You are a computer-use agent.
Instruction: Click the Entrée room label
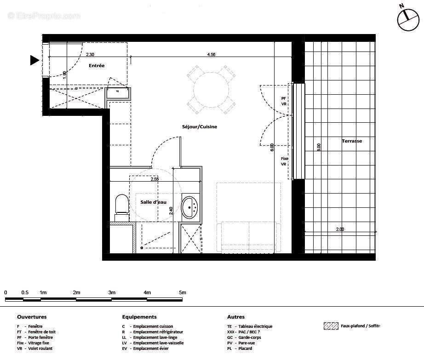[x=97, y=66]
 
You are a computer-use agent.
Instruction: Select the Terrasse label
[x=352, y=141]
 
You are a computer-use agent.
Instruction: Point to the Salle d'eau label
[x=153, y=202]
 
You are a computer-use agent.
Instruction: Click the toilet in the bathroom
[x=121, y=205]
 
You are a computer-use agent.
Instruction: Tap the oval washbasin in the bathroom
[x=189, y=207]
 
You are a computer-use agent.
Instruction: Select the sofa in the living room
[x=251, y=236]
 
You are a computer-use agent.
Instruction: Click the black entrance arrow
[x=34, y=60]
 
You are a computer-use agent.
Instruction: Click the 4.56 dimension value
[x=211, y=55]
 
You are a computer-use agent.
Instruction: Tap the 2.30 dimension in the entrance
[x=90, y=55]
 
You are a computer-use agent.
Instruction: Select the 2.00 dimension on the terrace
[x=340, y=229]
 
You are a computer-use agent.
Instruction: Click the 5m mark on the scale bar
[x=182, y=292]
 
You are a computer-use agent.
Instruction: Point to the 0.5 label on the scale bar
[x=24, y=292]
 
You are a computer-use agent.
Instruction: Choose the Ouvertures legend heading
[x=32, y=317]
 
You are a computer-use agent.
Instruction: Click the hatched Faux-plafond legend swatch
[x=331, y=326]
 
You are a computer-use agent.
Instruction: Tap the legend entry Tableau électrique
[x=255, y=326]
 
